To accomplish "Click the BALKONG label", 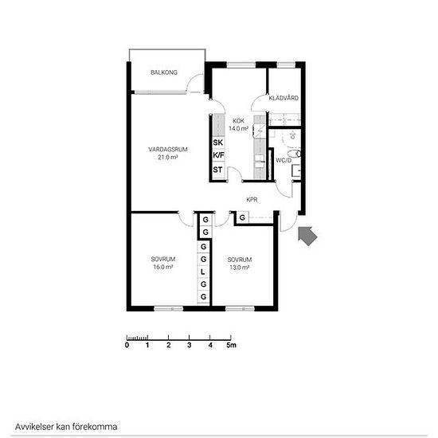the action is coord(164,72).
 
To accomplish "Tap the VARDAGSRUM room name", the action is coord(168,150).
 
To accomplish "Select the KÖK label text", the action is coord(239,121).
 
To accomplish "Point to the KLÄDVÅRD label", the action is coord(284,98).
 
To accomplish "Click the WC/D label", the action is coord(284,160).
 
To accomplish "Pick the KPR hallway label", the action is coord(252,200).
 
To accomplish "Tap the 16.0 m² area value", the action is coord(163,267).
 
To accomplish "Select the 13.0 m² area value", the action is coord(240,268).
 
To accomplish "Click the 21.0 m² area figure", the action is coord(168,157).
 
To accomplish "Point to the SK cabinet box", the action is coord(218,143).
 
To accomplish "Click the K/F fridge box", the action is coord(218,155).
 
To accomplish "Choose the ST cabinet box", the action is coord(218,170).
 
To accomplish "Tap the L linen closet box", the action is coord(203,272).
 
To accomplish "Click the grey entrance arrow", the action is coord(307,236).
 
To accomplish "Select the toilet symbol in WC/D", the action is coord(295,154).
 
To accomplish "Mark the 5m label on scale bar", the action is coord(231,346).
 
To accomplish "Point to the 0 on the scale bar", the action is coord(127,346).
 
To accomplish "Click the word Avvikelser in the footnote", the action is coord(34,427).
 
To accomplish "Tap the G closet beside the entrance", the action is coord(242,217).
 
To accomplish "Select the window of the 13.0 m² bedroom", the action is coord(241,309).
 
